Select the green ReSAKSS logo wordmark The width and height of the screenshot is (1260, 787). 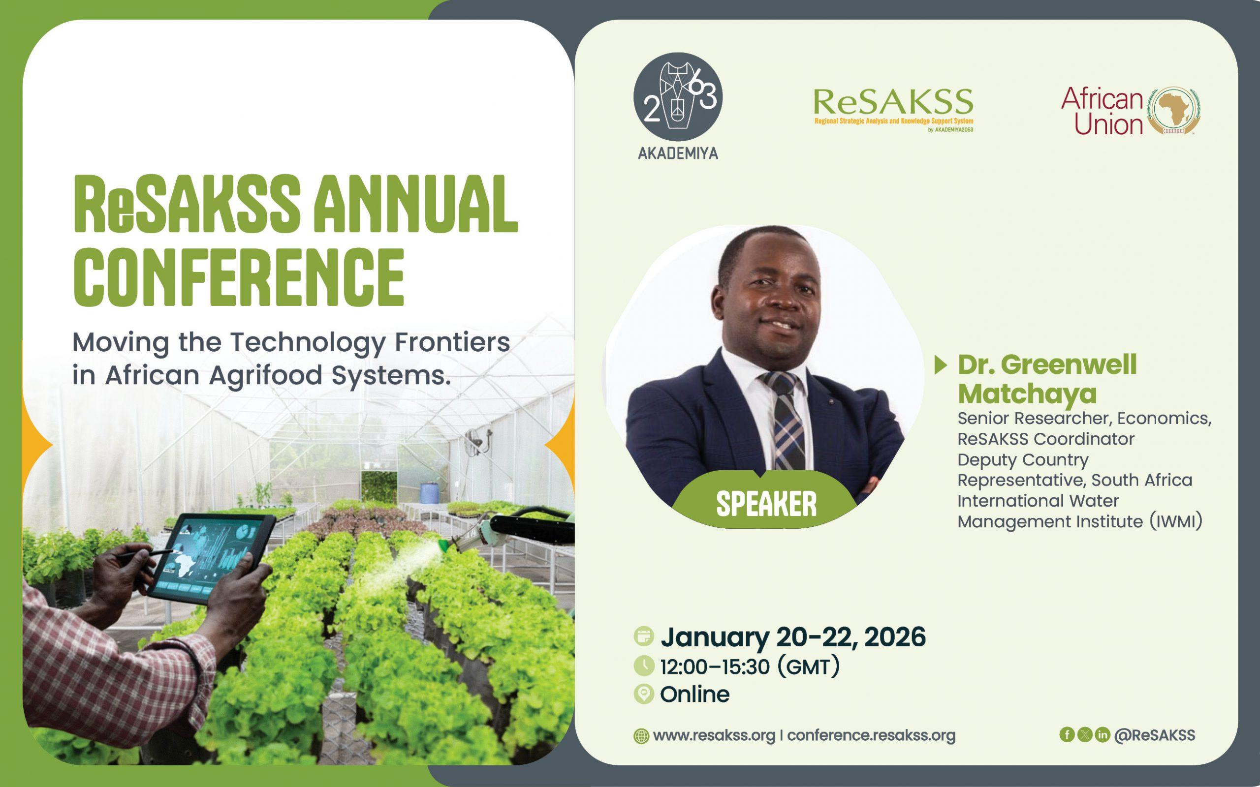click(893, 102)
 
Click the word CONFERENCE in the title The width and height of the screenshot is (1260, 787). click(238, 277)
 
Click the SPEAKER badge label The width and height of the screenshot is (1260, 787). click(766, 504)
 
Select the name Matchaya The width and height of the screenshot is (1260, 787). click(1027, 393)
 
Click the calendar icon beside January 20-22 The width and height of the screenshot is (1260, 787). click(644, 636)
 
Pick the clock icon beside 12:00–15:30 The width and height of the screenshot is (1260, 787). click(644, 666)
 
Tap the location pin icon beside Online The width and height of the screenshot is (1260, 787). click(644, 695)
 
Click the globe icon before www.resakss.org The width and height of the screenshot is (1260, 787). click(641, 736)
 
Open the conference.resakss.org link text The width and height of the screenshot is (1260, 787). click(871, 735)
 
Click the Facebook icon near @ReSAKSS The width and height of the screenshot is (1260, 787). click(1067, 734)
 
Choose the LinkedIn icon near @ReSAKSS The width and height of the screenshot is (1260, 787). click(1102, 734)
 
